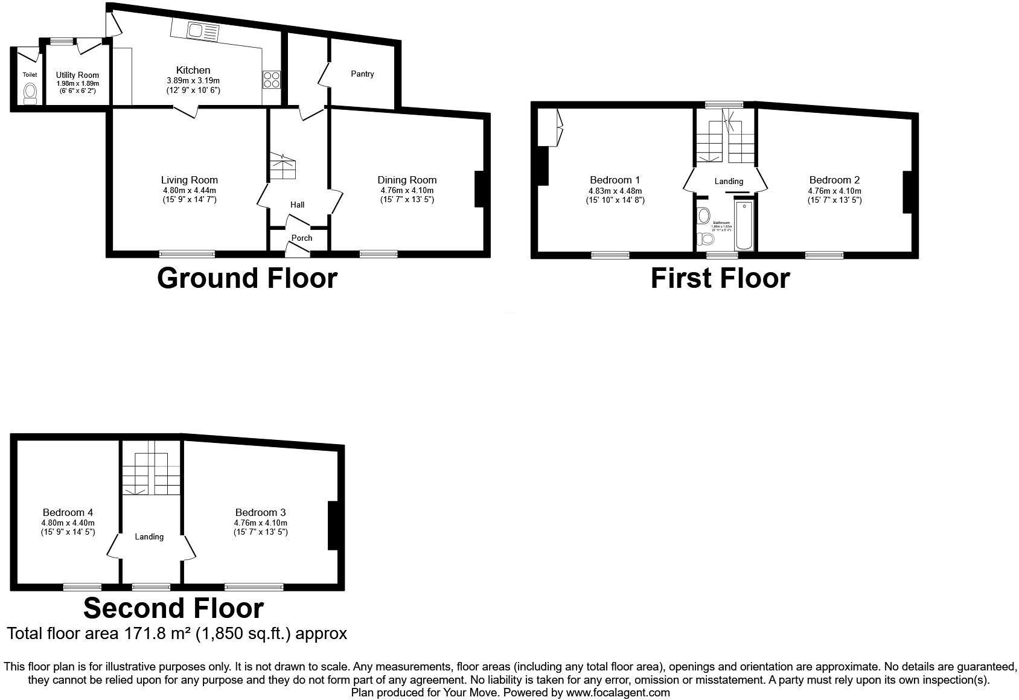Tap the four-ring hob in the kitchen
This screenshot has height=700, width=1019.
(271, 80)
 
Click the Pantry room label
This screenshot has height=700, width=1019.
(362, 74)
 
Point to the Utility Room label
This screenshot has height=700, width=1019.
(77, 75)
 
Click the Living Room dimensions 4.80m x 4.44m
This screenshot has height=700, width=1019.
(190, 190)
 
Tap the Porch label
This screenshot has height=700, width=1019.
(302, 238)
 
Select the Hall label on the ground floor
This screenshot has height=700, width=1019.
(297, 205)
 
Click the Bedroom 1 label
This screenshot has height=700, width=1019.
(615, 180)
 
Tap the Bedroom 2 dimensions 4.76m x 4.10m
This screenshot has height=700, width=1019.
(834, 191)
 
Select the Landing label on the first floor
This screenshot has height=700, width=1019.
(729, 181)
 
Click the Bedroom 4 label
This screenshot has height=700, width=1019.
(68, 512)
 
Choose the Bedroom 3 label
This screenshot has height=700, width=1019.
(260, 512)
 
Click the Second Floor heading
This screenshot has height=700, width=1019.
(174, 608)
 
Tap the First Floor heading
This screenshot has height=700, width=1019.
(720, 278)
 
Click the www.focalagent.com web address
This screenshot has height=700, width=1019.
(618, 693)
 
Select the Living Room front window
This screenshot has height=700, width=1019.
(187, 254)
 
